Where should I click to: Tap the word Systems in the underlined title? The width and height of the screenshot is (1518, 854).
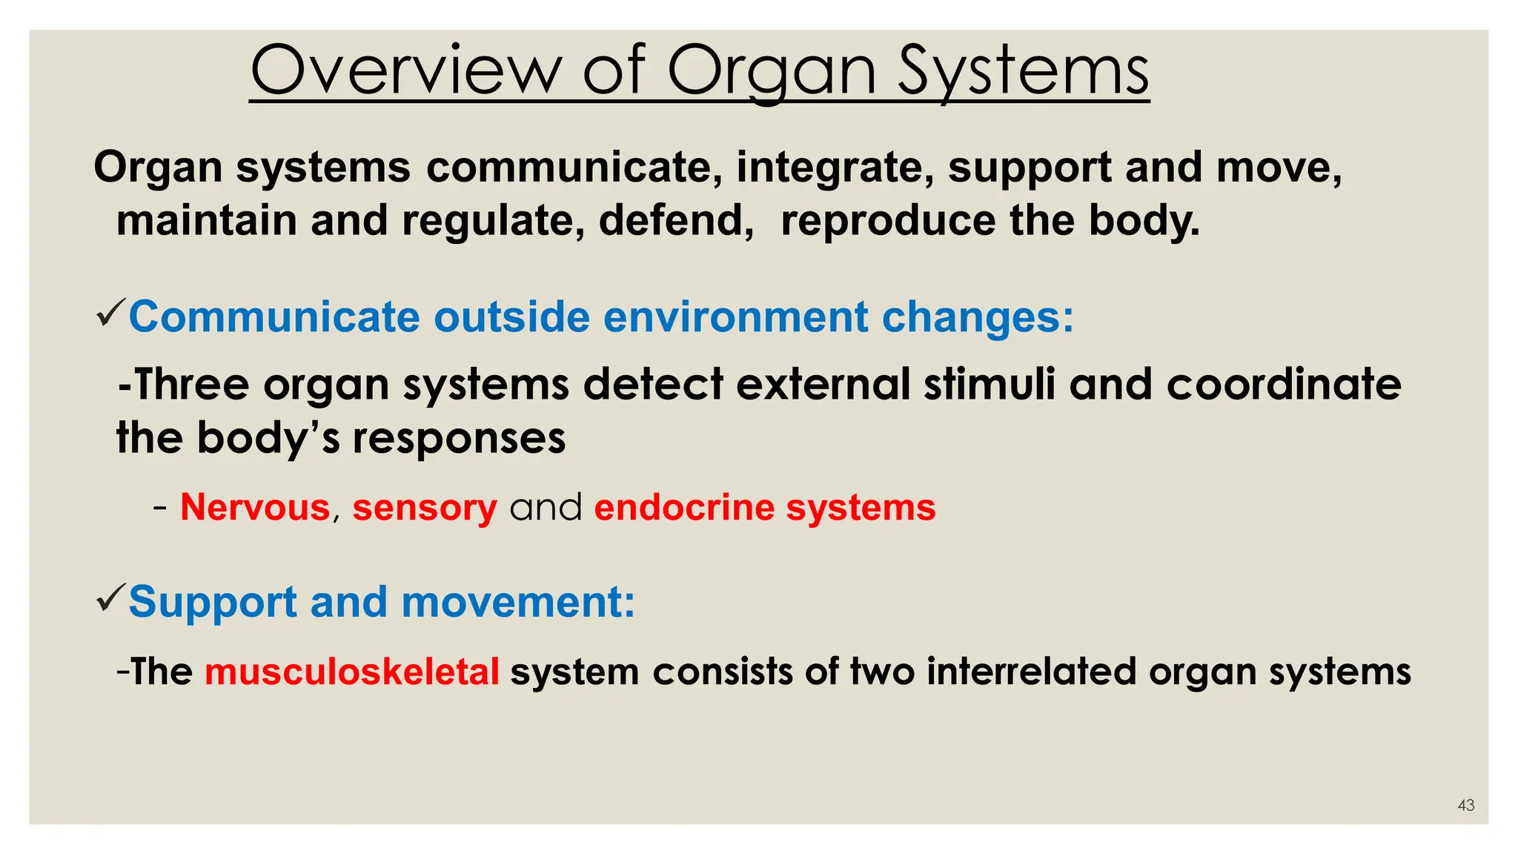coord(1023,70)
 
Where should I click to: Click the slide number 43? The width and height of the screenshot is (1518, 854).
coord(1465,805)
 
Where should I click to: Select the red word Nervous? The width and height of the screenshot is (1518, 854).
coord(255,508)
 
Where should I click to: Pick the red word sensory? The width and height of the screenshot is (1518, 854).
coord(424,508)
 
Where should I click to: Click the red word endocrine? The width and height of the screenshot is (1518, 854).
coord(684,508)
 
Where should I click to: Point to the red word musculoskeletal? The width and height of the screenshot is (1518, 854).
coord(352,672)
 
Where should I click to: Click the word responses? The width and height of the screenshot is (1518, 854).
coord(459,438)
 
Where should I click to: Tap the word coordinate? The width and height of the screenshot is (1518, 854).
coord(1284,385)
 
